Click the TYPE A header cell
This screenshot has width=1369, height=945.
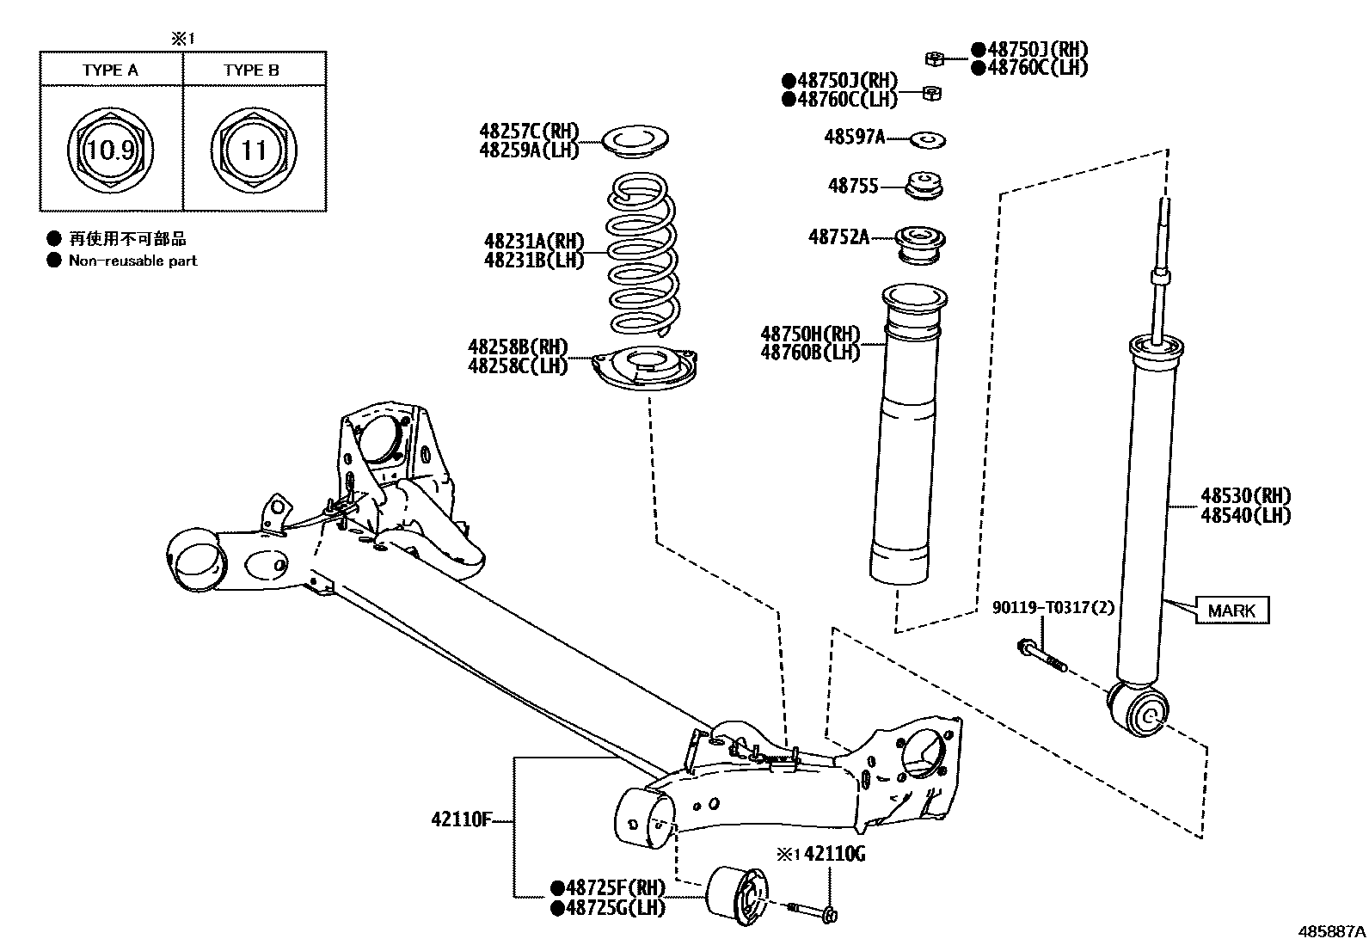coord(110,70)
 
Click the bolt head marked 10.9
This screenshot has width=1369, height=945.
coord(111,151)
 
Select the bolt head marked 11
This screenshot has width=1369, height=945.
coord(254,151)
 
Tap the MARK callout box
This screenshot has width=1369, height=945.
coord(1231,611)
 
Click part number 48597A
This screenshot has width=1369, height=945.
coord(854,137)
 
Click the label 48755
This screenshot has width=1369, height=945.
coord(852,185)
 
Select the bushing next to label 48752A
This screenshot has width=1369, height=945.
coord(921,242)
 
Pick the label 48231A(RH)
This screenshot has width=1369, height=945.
coord(533,241)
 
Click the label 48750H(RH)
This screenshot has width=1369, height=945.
coord(809,334)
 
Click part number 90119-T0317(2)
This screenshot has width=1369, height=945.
coord(1053,608)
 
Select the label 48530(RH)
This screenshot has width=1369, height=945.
coord(1245,496)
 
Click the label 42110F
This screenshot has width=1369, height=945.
coord(460,819)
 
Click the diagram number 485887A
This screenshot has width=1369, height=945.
coord(1331,931)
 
